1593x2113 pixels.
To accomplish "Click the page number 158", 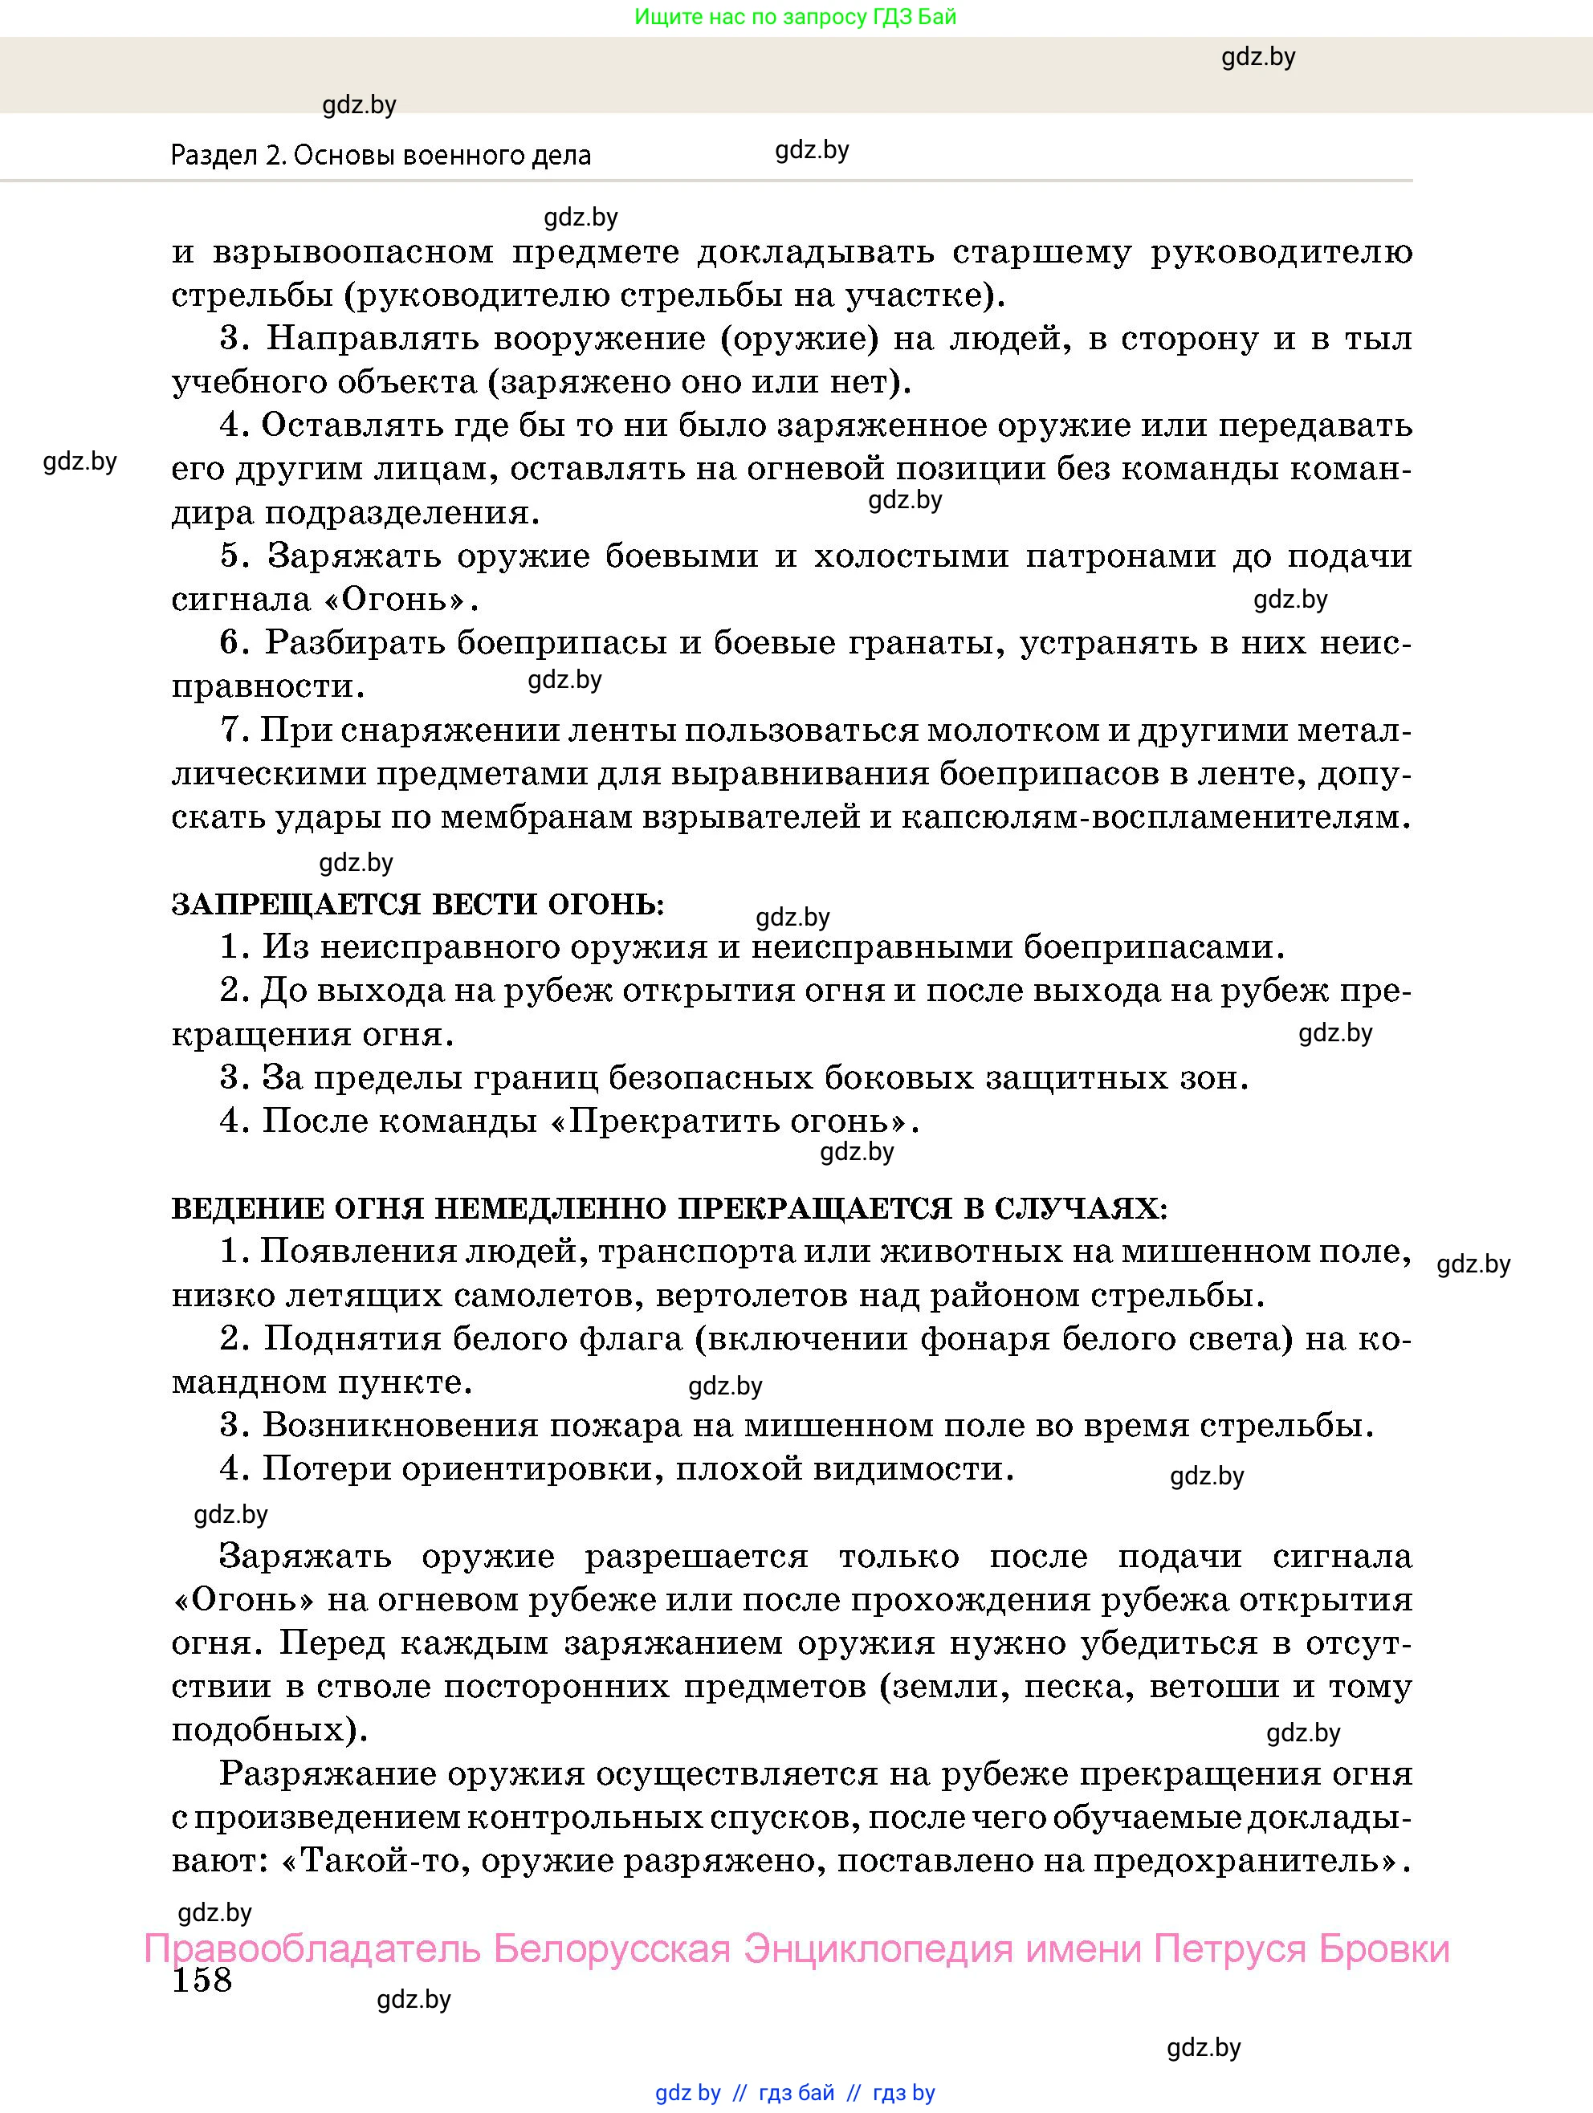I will (202, 1979).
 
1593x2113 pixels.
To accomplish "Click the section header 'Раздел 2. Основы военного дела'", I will (381, 155).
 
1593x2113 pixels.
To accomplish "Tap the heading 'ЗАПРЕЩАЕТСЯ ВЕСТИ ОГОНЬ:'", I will (418, 904).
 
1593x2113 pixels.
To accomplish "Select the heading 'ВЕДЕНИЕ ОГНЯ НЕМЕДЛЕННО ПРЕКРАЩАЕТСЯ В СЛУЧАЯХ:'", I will (669, 1208).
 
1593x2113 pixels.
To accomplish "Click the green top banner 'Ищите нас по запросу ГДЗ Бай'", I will (795, 16).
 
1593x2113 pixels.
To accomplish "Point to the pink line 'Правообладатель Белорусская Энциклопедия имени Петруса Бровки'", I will (796, 1948).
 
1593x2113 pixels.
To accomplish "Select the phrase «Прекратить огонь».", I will (735, 1121).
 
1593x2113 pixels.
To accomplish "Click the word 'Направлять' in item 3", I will (366, 338).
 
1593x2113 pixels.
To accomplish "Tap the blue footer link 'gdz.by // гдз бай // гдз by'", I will (795, 2093).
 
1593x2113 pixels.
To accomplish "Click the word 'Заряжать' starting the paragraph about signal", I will (305, 1556).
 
